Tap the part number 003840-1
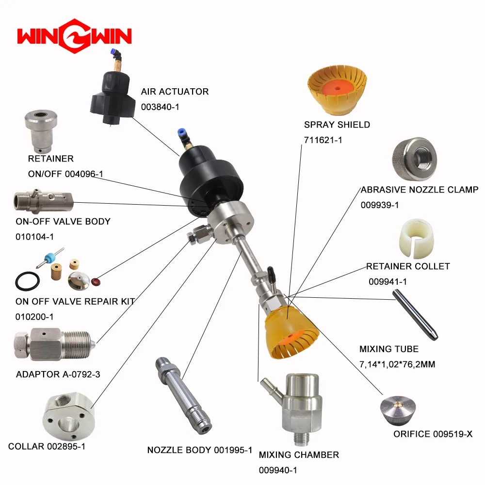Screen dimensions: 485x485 tap(160, 107)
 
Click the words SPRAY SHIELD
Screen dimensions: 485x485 tap(337, 125)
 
